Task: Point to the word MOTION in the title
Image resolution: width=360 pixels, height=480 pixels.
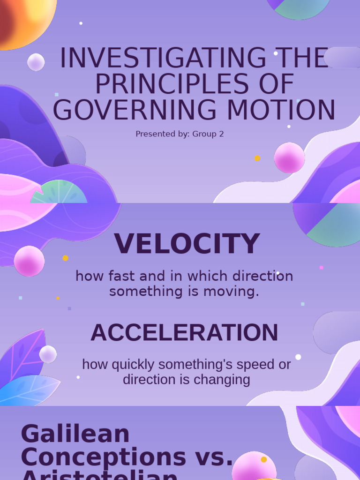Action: click(x=288, y=111)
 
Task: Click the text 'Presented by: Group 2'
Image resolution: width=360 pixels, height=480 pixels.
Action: click(x=180, y=134)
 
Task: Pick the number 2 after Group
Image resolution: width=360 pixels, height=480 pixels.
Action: click(x=221, y=134)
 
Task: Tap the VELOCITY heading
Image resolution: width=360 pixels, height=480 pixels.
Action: click(x=187, y=244)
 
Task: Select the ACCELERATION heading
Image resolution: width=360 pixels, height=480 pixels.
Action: click(x=184, y=333)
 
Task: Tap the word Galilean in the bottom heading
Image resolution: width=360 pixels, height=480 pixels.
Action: click(x=75, y=434)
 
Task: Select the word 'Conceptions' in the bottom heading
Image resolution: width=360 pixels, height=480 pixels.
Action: click(x=103, y=457)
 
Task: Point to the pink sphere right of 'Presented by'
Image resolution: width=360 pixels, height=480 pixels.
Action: click(x=289, y=157)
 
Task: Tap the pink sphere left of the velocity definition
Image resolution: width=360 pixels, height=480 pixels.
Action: click(x=29, y=261)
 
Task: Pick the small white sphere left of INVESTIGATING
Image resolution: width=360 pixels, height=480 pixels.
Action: click(x=36, y=62)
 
